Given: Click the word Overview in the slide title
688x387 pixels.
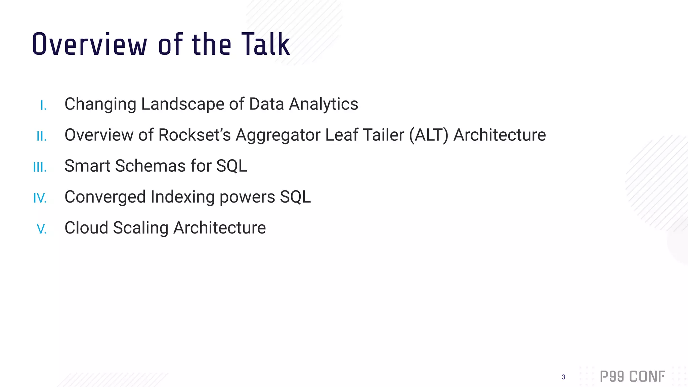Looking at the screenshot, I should [x=89, y=44].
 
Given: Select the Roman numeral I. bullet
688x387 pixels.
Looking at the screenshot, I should [x=43, y=105].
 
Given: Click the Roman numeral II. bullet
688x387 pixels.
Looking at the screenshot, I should [x=42, y=136].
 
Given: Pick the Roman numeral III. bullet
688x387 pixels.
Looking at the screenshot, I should [x=40, y=167].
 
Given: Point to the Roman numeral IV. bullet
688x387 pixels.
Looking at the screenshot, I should [x=40, y=198].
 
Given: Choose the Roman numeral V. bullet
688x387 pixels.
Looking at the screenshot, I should [x=42, y=229].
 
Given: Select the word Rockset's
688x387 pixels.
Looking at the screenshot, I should [x=195, y=135].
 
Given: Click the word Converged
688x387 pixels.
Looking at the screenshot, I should [x=105, y=197].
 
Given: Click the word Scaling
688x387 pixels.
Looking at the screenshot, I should [x=140, y=228].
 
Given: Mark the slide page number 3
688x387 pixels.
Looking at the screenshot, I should [x=563, y=377].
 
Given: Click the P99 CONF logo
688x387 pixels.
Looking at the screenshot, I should [x=632, y=377].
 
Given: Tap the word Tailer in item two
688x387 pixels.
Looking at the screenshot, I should [x=383, y=135].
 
